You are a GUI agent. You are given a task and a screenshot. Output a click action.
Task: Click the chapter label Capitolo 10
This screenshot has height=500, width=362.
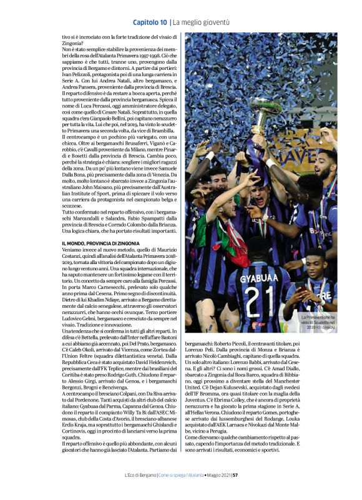pyautogui.click(x=149, y=22)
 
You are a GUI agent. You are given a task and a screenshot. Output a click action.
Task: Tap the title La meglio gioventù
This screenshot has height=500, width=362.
pyautogui.click(x=201, y=22)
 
